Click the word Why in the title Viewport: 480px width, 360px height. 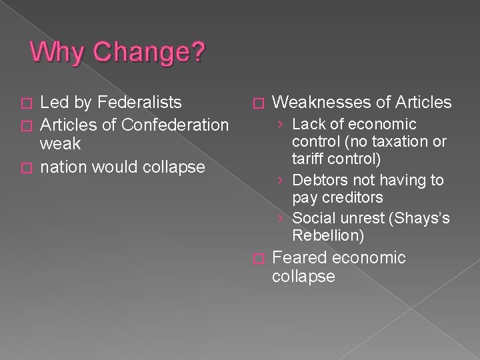tap(54, 53)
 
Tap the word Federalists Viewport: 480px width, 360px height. tap(140, 103)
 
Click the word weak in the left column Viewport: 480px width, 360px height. tap(61, 144)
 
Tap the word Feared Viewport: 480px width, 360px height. tap(300, 258)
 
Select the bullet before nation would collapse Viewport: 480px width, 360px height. tap(26, 167)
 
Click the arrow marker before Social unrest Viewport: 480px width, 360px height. tap(283, 218)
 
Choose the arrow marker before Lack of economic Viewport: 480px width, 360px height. tap(283, 125)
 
